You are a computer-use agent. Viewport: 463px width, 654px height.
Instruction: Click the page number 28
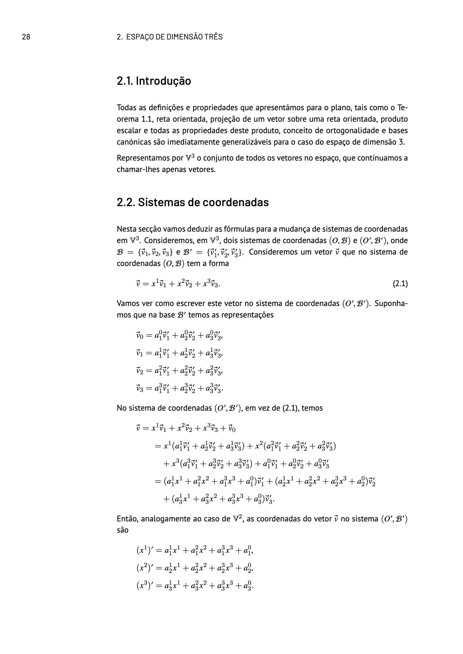coord(26,37)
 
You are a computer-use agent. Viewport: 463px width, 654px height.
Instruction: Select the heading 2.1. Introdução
coord(154,81)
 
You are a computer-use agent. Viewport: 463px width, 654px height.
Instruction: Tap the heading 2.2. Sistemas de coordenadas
coord(192,202)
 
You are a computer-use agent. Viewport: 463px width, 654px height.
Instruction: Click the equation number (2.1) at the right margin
coord(400,284)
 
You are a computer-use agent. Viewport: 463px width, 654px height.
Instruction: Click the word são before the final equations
coord(123,530)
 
